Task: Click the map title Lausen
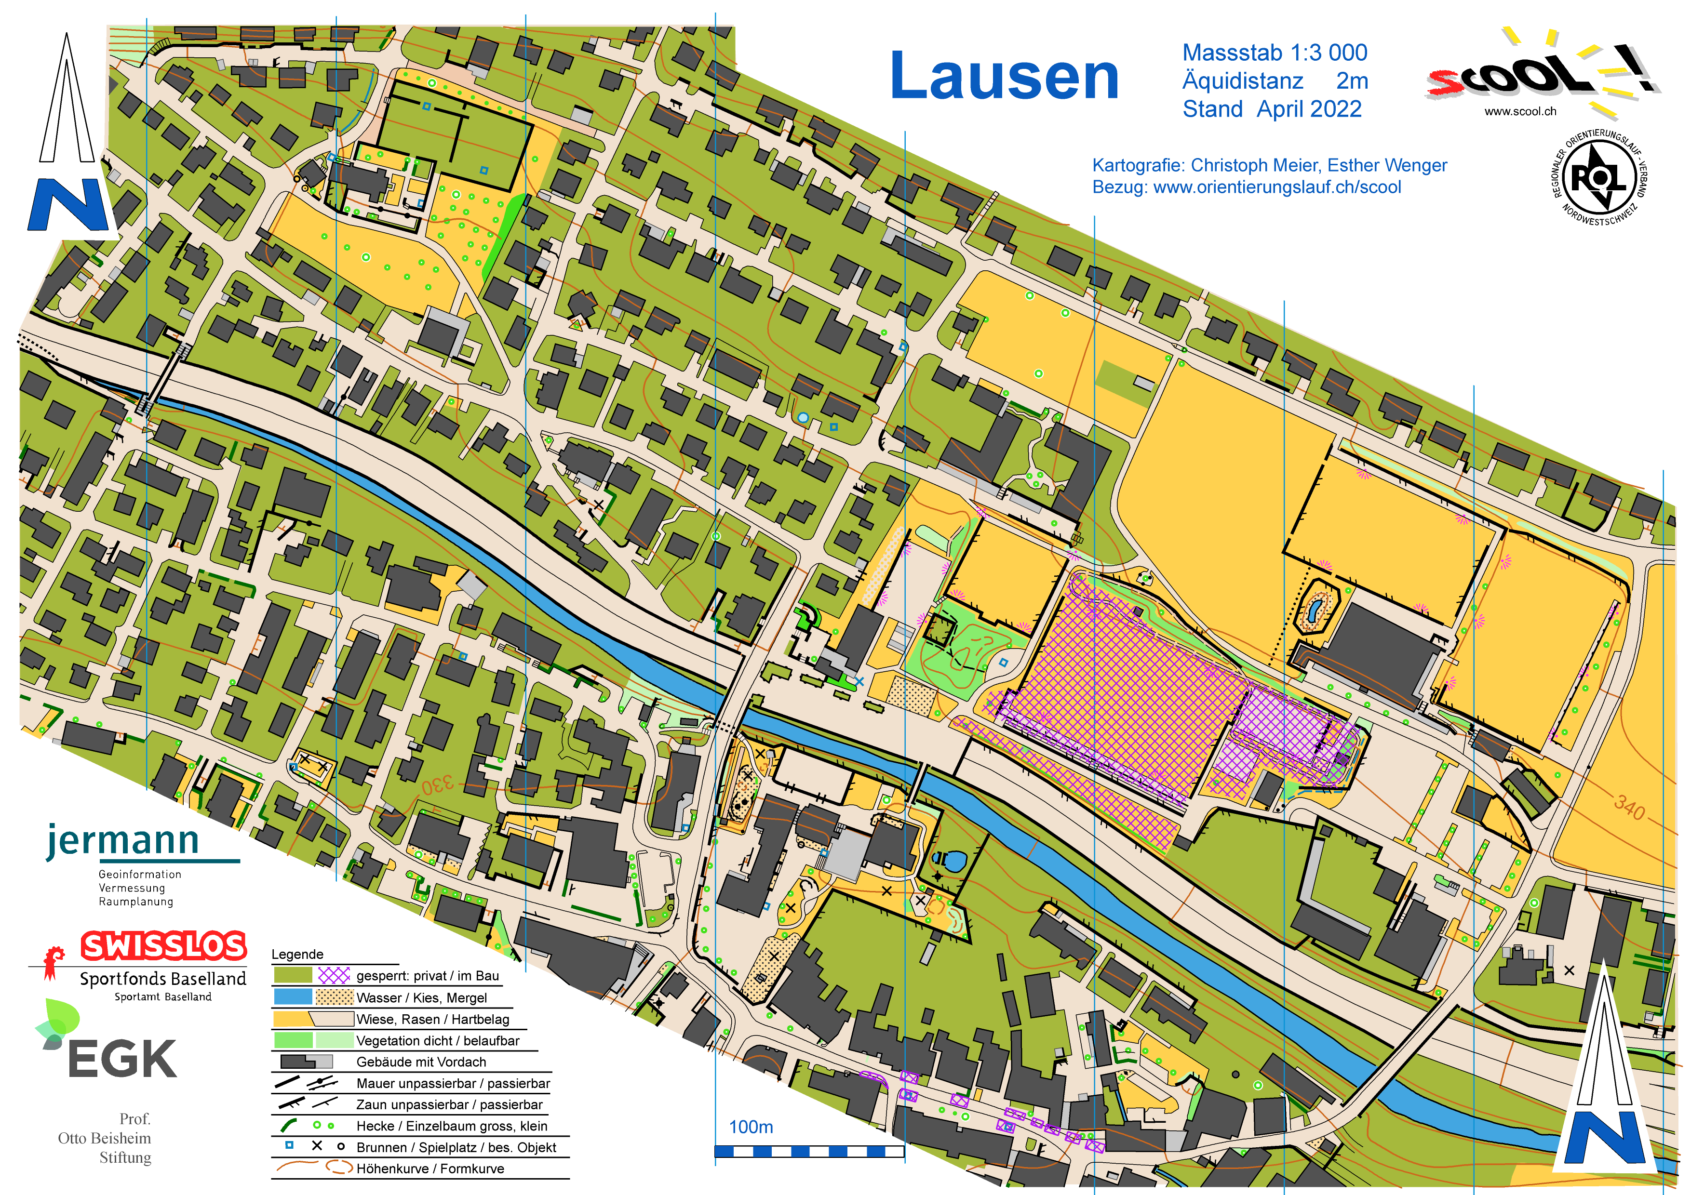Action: tap(1003, 77)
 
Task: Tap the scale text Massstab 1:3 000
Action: tap(1274, 53)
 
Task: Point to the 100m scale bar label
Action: tap(751, 1127)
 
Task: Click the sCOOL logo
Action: tap(1532, 74)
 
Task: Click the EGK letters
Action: tap(121, 1059)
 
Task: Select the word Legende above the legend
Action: tap(297, 954)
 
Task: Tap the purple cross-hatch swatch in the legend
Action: tap(334, 976)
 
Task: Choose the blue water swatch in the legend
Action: tap(293, 997)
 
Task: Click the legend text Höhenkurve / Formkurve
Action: tap(430, 1168)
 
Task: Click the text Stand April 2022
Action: tap(1272, 109)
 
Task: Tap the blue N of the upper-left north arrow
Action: tap(68, 205)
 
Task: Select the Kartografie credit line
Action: tap(1269, 165)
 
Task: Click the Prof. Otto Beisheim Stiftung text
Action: tap(105, 1138)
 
